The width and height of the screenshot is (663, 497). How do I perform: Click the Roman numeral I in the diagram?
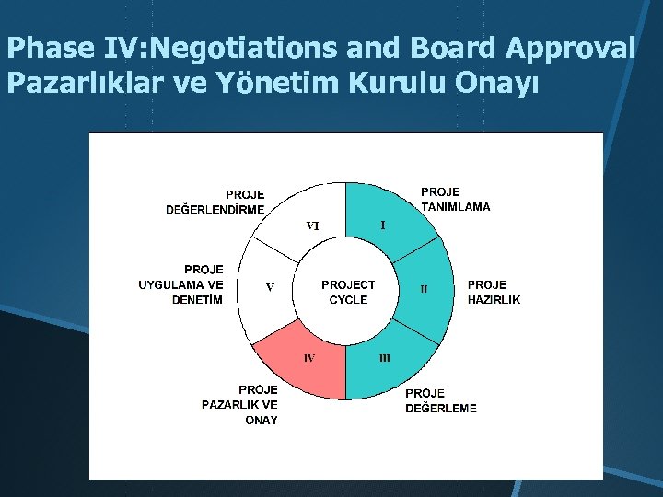(383, 224)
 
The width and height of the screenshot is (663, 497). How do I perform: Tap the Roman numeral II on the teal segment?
(424, 289)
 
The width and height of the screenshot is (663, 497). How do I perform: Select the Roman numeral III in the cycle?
(385, 357)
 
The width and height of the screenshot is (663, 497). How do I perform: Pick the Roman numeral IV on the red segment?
(309, 357)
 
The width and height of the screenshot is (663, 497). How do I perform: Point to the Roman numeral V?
(270, 287)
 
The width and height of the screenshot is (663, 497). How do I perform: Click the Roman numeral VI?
(313, 225)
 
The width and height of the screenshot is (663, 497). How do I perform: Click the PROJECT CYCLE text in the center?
(348, 293)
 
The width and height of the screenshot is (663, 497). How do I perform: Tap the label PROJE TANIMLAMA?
(455, 200)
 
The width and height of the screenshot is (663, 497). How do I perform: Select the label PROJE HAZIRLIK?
(494, 293)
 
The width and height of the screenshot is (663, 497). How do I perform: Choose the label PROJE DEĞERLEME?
(441, 400)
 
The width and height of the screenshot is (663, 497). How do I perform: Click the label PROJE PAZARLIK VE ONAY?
(240, 405)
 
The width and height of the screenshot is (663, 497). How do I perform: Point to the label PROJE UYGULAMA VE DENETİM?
(181, 284)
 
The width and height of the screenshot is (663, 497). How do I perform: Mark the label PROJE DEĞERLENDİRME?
(215, 202)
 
